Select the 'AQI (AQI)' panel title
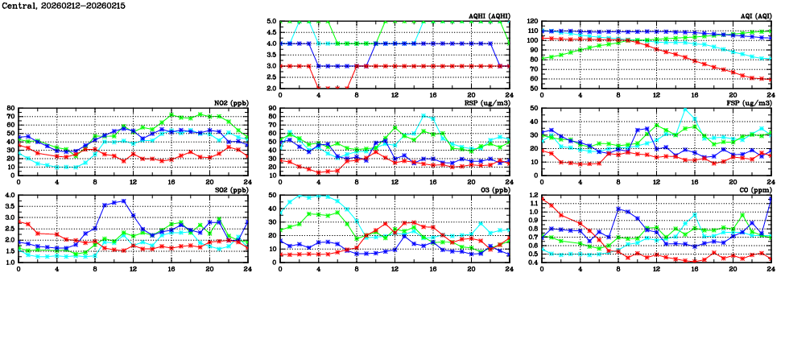click(x=754, y=16)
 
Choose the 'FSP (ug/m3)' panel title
click(x=750, y=103)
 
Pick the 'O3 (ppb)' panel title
click(x=493, y=190)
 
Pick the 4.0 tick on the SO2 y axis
click(x=10, y=196)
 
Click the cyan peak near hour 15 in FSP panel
click(x=686, y=110)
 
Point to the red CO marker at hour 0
click(x=542, y=198)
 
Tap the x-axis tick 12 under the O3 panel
click(x=395, y=268)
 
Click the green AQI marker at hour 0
click(x=542, y=58)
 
